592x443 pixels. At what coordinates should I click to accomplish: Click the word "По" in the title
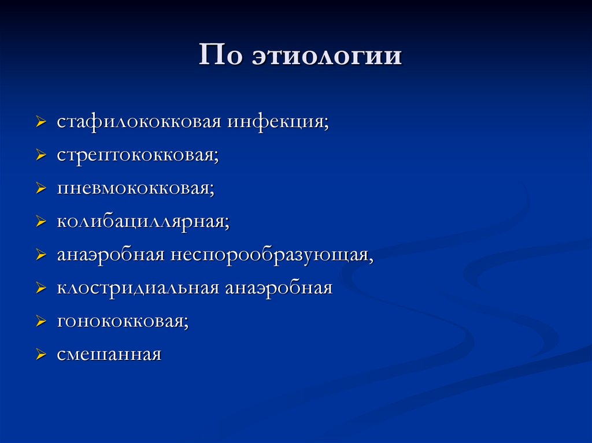click(x=220, y=56)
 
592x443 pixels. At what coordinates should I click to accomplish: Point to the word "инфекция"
click(x=278, y=122)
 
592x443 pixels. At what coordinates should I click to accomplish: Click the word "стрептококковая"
click(x=138, y=156)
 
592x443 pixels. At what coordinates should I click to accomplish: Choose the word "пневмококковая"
click(x=135, y=189)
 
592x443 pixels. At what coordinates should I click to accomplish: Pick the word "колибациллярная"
click(x=143, y=222)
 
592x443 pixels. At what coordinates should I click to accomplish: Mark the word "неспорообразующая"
click(x=272, y=255)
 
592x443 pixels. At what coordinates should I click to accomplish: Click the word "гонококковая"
click(x=123, y=321)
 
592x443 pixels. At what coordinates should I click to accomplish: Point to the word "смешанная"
click(x=109, y=354)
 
